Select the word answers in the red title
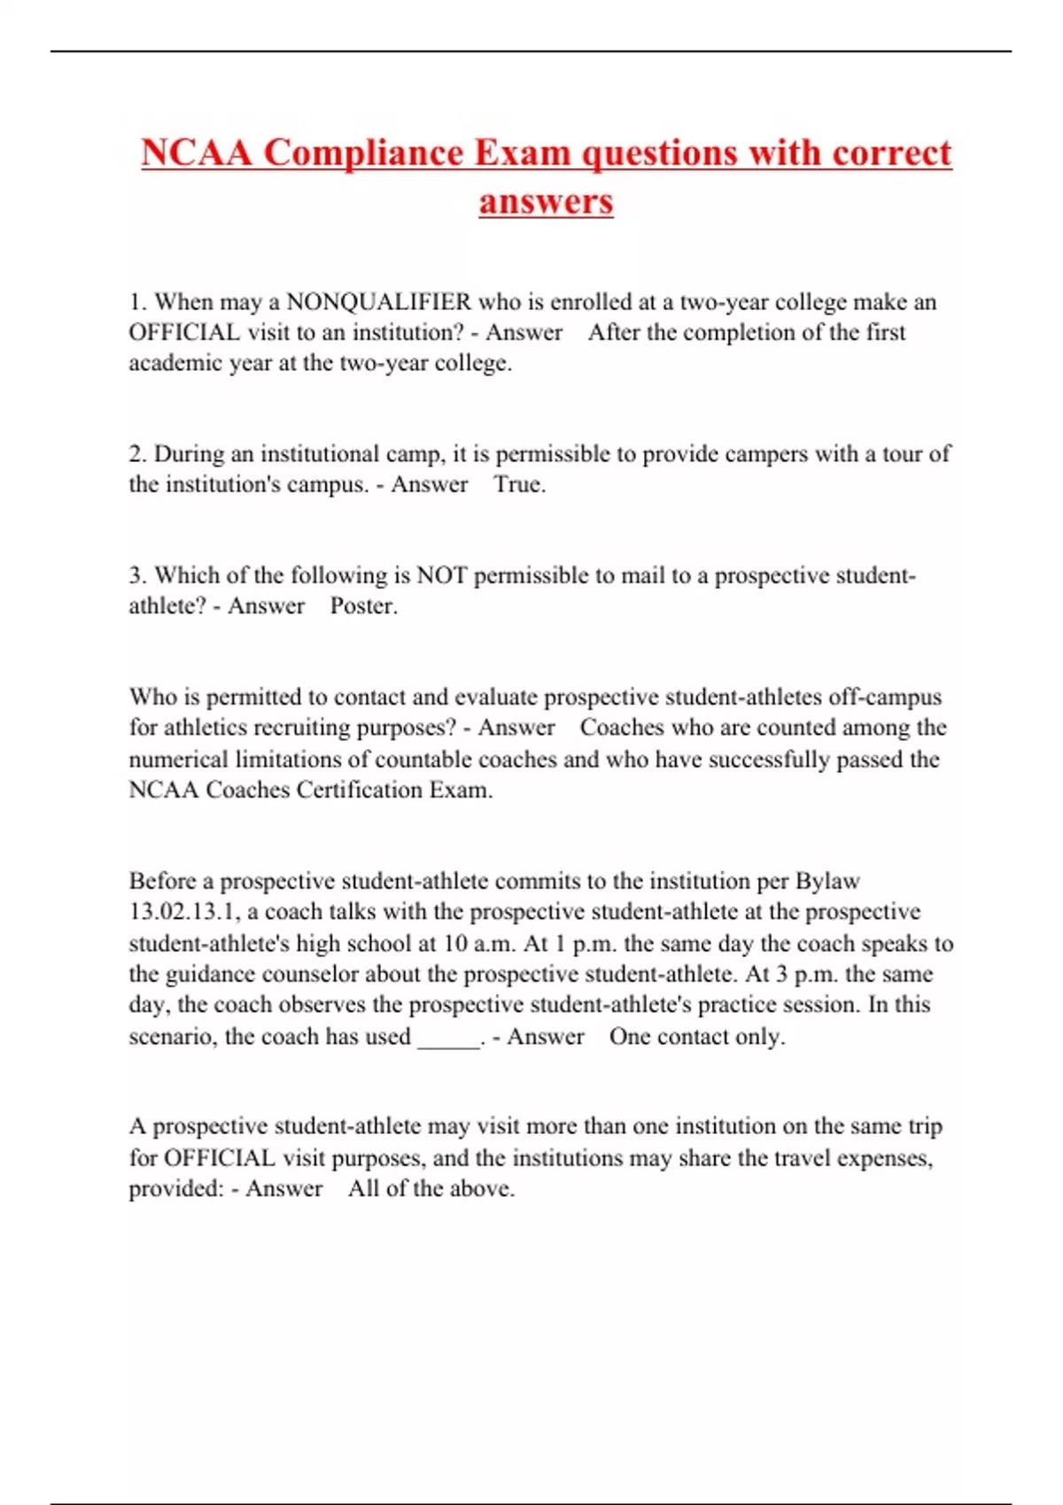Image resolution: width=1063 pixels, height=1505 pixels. pyautogui.click(x=546, y=201)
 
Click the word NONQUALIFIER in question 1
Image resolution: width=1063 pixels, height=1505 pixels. pyautogui.click(x=379, y=302)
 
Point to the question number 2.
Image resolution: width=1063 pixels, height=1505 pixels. pyautogui.click(x=136, y=454)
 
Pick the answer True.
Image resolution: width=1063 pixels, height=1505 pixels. pyautogui.click(x=519, y=484)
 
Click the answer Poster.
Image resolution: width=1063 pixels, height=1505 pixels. pyautogui.click(x=363, y=606)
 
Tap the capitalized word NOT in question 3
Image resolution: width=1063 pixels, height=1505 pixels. pyautogui.click(x=441, y=575)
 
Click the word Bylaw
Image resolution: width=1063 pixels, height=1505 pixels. pyautogui.click(x=827, y=881)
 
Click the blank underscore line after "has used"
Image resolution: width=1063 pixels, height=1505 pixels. pyautogui.click(x=448, y=1038)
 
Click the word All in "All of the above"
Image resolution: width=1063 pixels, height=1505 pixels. pyautogui.click(x=363, y=1188)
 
